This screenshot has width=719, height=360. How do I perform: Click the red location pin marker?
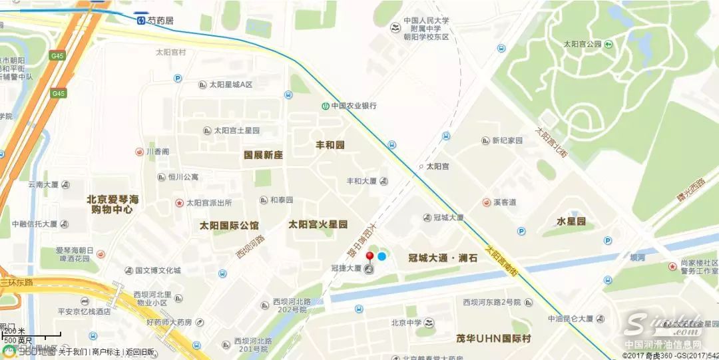point(369,256)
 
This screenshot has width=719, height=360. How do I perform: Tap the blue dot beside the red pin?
point(381,256)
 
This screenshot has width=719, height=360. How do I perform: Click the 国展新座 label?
point(263,154)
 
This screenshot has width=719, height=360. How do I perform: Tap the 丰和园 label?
point(330,144)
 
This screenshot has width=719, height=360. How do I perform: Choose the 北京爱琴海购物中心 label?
point(113,204)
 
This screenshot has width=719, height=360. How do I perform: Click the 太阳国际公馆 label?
point(229,225)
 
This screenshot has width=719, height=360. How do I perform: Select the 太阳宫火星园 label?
point(318,225)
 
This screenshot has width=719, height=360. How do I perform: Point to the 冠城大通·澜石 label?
point(443,257)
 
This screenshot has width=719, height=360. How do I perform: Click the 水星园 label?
point(571,221)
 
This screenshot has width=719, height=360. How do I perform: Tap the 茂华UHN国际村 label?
point(493,339)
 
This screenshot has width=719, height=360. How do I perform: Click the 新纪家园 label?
point(507,141)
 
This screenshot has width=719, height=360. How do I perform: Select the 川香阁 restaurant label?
point(158,152)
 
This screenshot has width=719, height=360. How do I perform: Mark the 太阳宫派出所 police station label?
point(208,202)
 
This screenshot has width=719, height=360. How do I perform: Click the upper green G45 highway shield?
point(57,57)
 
